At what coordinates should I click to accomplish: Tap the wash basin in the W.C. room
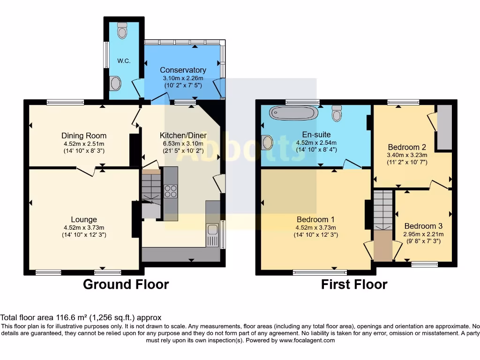115,84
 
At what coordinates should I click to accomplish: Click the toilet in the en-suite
337,113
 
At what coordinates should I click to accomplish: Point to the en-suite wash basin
267,142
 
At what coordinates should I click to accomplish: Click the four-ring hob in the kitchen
170,191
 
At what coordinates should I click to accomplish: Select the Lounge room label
84,219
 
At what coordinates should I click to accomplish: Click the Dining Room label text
84,136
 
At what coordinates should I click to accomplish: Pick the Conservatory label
183,70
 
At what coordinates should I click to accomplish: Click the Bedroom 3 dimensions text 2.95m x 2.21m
423,234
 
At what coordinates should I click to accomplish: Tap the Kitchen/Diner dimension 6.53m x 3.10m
183,143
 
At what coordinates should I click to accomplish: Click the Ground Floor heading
126,284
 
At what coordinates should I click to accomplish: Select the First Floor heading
354,284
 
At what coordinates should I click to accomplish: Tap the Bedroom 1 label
315,219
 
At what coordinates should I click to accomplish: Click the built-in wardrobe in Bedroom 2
444,127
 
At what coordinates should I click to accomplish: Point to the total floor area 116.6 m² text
81,317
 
